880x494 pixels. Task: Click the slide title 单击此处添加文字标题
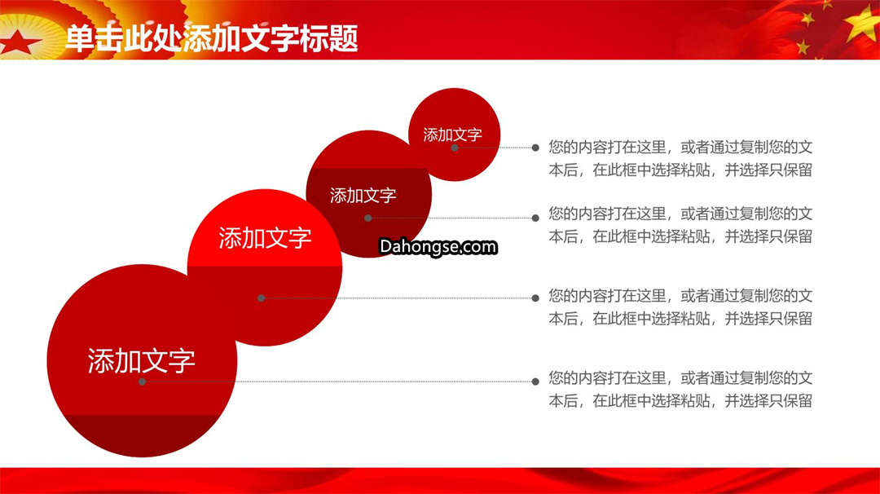click(212, 38)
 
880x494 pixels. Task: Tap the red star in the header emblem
click(19, 42)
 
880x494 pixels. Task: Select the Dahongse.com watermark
click(438, 246)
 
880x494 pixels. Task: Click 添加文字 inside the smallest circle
click(452, 135)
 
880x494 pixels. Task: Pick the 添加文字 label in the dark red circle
click(363, 196)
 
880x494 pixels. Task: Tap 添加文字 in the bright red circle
click(265, 238)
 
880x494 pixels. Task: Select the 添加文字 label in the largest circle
click(142, 360)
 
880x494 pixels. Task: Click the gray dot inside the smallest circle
click(455, 148)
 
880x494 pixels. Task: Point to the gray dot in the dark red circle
click(368, 218)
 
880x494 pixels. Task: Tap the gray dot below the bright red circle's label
click(261, 298)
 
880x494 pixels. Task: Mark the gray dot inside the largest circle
click(142, 382)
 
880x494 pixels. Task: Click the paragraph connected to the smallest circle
click(680, 158)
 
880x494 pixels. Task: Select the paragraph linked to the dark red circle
click(680, 224)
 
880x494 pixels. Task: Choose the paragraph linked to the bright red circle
click(680, 307)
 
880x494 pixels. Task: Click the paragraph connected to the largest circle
click(680, 389)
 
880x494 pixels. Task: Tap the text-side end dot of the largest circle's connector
click(535, 382)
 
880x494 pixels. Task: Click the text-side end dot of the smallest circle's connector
click(535, 148)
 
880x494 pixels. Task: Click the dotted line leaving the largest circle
click(339, 382)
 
